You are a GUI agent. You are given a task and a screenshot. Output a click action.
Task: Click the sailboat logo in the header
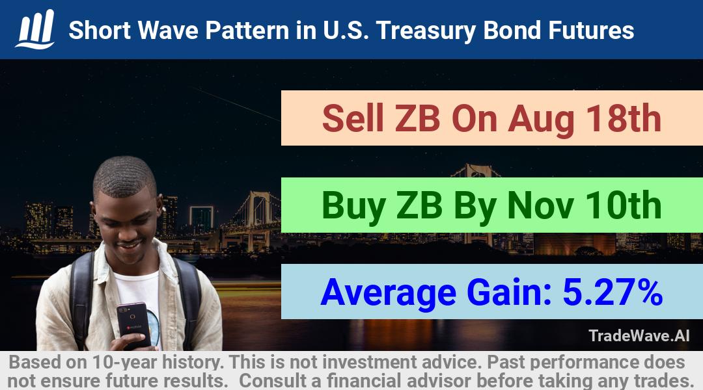(x=35, y=29)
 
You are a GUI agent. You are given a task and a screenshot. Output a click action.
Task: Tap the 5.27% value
(x=613, y=292)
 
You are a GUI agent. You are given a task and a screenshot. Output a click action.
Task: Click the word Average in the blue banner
(x=388, y=293)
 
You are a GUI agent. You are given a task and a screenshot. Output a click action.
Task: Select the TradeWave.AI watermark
(x=639, y=335)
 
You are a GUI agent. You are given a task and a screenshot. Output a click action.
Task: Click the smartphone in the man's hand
(x=133, y=324)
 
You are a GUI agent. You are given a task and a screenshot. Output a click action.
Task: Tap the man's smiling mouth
(x=129, y=245)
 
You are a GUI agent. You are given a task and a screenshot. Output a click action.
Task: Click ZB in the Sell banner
(x=417, y=118)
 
